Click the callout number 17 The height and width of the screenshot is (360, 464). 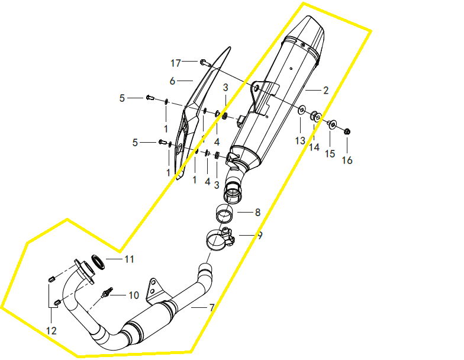175,63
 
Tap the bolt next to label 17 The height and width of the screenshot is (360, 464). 205,62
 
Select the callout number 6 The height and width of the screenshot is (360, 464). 173,81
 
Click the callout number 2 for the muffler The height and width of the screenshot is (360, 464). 326,90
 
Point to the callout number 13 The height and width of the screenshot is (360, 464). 300,141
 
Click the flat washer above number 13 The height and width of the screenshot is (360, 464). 302,110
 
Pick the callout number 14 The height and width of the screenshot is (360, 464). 314,147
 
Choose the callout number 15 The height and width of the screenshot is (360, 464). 330,154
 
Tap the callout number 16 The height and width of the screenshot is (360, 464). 347,160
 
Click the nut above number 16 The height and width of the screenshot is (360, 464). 347,131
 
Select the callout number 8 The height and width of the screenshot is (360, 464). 257,212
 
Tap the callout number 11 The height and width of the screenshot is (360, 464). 129,259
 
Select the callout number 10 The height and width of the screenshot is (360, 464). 134,295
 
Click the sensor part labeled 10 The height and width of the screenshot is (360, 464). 107,292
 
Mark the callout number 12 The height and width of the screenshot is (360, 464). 51,330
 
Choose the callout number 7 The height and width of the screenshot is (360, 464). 212,308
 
